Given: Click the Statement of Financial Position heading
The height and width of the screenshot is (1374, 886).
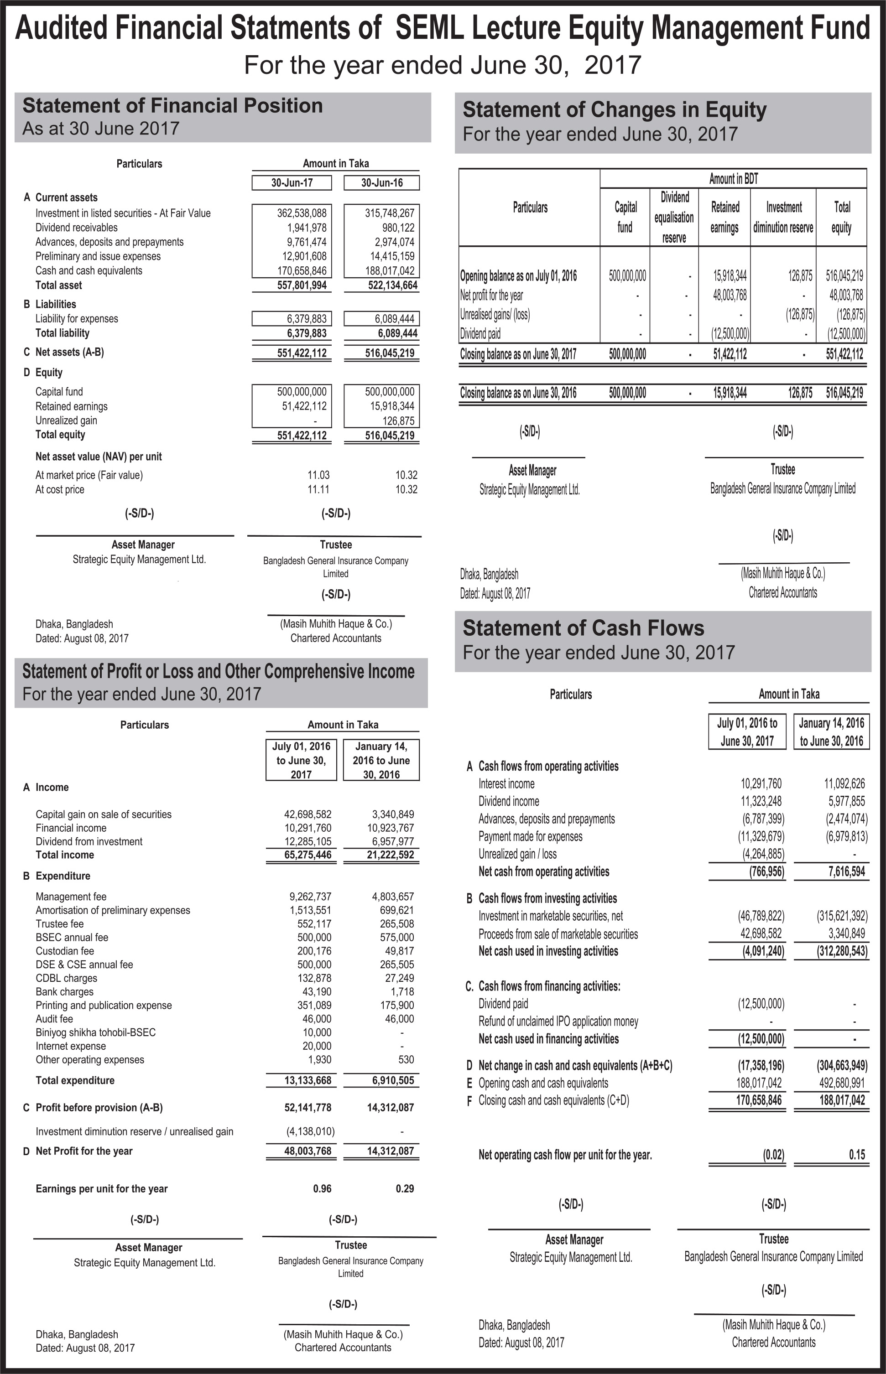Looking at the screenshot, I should [172, 106].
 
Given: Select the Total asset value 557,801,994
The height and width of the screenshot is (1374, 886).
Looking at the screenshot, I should [302, 285].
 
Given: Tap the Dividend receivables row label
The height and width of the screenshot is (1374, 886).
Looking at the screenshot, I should [77, 228].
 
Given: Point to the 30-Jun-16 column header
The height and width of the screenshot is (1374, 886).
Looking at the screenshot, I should [381, 183].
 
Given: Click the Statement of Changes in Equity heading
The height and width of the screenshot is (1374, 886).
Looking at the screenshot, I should [615, 110].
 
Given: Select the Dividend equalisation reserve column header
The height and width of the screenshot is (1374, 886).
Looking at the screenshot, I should [674, 218].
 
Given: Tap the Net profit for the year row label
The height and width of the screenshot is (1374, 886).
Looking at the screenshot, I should [491, 296].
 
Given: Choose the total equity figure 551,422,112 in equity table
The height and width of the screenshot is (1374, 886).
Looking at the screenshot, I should [844, 354].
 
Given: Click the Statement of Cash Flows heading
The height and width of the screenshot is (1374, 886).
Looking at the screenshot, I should [584, 628].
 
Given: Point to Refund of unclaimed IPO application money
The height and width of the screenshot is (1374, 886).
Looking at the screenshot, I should [558, 1021].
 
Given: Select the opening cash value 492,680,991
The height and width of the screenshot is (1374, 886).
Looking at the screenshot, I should [842, 1083].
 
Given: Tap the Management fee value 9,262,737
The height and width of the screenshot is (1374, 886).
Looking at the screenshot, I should [310, 896].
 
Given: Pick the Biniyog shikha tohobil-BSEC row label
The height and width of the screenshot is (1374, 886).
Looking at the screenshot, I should [95, 1032].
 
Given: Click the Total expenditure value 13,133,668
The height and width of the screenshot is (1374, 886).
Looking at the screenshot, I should [308, 1080].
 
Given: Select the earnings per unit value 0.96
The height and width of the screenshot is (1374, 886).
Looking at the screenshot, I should [322, 1188].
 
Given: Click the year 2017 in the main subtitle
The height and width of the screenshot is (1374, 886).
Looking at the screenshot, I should [613, 65].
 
